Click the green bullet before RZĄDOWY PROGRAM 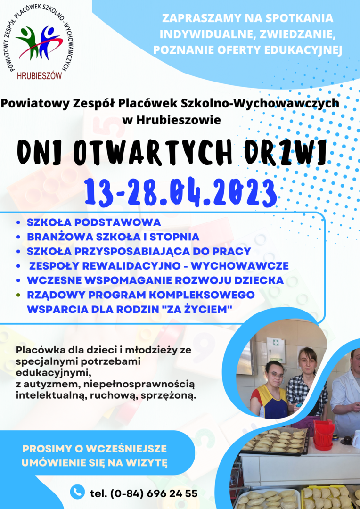click(18, 295)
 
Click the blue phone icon click(77, 492)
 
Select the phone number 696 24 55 click(172, 493)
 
